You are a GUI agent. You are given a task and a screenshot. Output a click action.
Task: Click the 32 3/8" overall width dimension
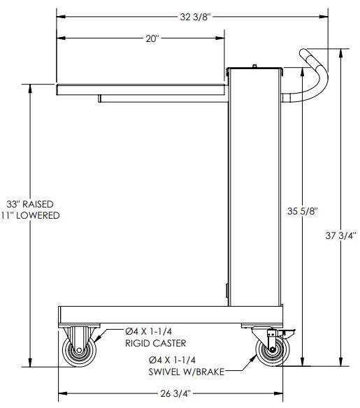pyautogui.click(x=195, y=17)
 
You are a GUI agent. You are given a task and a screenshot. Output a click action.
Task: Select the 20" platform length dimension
pyautogui.click(x=152, y=38)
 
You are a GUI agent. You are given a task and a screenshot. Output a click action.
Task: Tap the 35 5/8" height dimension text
pyautogui.click(x=303, y=211)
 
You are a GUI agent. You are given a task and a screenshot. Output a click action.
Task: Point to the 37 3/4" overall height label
pyautogui.click(x=340, y=235)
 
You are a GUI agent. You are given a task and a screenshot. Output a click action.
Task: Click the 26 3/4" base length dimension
pyautogui.click(x=175, y=393)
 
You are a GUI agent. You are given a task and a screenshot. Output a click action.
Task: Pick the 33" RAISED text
pyautogui.click(x=30, y=204)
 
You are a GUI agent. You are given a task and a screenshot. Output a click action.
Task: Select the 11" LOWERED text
pyautogui.click(x=30, y=215)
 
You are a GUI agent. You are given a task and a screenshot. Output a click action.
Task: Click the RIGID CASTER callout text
pyautogui.click(x=156, y=343)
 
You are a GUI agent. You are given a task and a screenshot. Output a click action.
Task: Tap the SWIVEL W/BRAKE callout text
pyautogui.click(x=187, y=372)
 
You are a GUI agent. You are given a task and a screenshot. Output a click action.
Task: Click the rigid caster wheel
pyautogui.click(x=79, y=350)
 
